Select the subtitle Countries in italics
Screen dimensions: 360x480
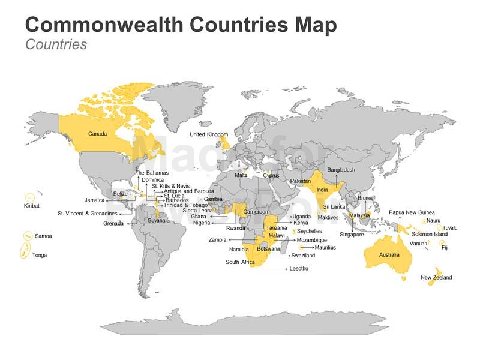[56, 44]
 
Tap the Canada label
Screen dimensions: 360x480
[97, 134]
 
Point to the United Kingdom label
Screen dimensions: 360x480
[209, 134]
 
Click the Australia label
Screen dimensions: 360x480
[389, 255]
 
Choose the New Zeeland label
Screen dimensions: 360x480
[436, 278]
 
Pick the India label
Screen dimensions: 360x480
[322, 190]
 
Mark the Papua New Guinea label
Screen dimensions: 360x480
[412, 212]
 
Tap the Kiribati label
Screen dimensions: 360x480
[32, 206]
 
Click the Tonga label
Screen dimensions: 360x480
[40, 255]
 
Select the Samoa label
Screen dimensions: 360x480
[43, 236]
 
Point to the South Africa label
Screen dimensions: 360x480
[240, 262]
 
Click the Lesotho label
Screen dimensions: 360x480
[299, 269]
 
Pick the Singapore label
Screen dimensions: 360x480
[352, 235]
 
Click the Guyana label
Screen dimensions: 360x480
[156, 220]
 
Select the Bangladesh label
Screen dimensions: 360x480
[341, 170]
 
